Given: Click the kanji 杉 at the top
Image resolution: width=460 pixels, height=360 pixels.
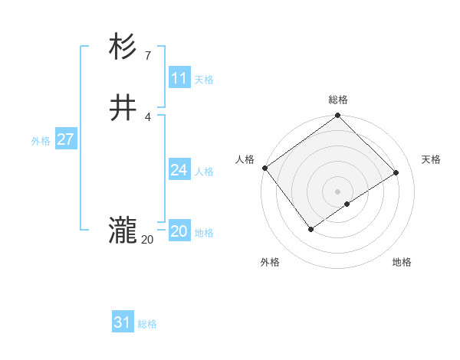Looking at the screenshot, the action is point(123,47).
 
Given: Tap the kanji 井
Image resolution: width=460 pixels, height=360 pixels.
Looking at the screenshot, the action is point(123,109).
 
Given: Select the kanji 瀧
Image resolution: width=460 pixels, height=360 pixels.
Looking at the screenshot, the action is point(123,231).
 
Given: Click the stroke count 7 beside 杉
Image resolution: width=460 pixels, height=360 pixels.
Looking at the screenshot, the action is point(147,55).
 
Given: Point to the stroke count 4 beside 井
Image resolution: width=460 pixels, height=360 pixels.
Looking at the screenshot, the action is point(147,116).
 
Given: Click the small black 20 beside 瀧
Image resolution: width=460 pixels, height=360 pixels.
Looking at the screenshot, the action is point(147,239).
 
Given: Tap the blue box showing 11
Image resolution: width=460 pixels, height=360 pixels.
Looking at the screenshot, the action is point(179,78).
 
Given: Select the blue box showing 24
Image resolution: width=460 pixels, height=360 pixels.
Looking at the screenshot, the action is point(179,170).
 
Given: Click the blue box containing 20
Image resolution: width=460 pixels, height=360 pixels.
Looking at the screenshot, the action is point(179,231).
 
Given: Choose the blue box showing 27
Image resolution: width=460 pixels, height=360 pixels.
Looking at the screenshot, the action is point(66,139).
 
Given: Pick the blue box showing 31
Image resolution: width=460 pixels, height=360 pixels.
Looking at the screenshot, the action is point(123,322).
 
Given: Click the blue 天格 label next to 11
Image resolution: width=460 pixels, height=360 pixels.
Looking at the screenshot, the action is point(204,80).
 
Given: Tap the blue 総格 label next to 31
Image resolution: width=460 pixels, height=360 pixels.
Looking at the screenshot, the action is point(147,324).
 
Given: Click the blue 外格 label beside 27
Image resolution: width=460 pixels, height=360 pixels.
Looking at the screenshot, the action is point(41,141).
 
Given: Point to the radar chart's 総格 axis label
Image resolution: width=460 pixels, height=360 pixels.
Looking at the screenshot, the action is point(337,100).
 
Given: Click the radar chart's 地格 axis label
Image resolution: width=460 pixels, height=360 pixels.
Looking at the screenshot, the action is point(402,262).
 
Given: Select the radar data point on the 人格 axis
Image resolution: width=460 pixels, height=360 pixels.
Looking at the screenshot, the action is point(264,168).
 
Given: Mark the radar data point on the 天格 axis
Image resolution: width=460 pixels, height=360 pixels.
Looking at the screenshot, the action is point(396,172).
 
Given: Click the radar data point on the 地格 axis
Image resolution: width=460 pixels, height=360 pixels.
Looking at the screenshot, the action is point(347,204).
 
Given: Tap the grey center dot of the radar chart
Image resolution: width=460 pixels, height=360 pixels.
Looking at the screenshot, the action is point(337,191).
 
